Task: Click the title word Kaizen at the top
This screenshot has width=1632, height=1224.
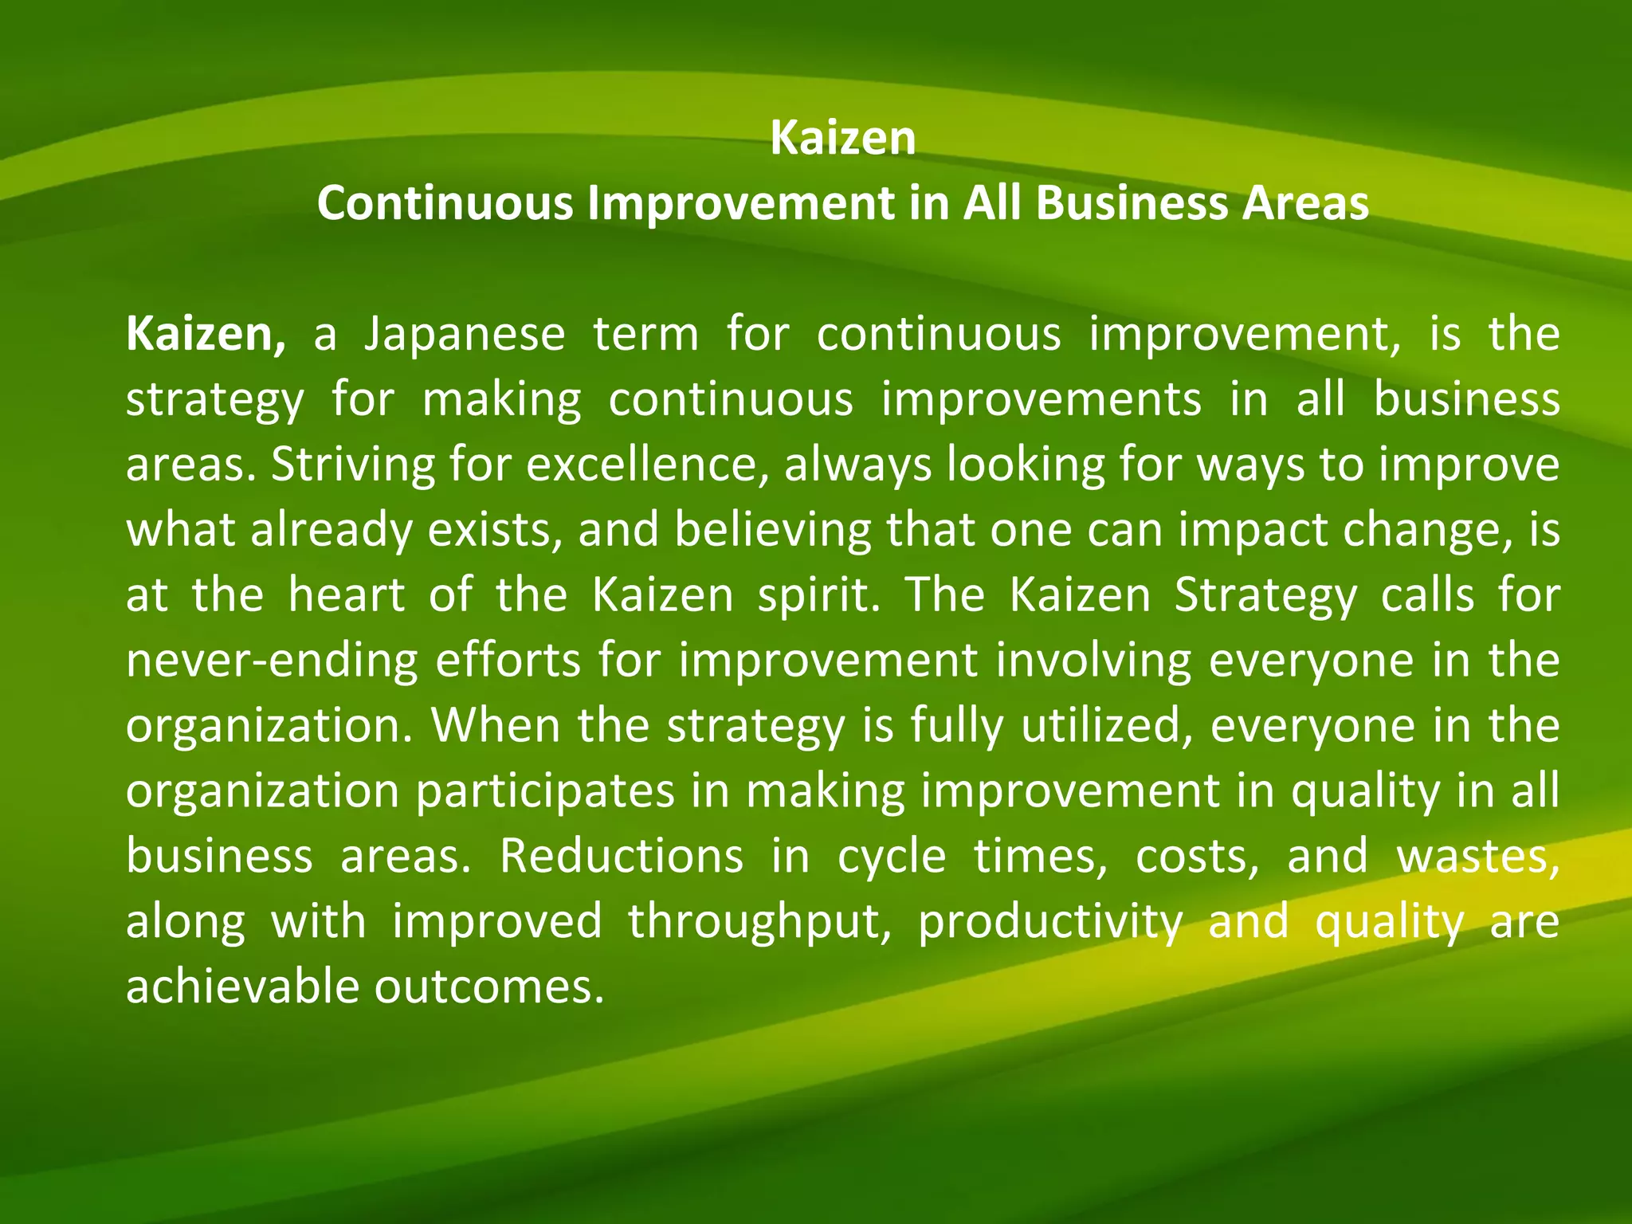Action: [843, 139]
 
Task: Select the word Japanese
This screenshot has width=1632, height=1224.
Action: [464, 335]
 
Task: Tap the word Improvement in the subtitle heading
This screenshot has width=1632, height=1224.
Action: [741, 204]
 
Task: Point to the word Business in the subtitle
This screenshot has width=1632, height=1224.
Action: [1132, 204]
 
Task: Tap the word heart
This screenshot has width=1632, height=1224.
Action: [347, 595]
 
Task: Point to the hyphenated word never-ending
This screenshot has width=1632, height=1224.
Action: [272, 661]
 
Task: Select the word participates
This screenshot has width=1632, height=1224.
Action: [545, 791]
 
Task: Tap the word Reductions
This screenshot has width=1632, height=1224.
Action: [622, 857]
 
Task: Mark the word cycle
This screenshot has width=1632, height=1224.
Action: [892, 857]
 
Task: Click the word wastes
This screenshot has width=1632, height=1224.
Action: [1477, 857]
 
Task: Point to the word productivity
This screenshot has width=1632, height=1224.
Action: [1050, 923]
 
